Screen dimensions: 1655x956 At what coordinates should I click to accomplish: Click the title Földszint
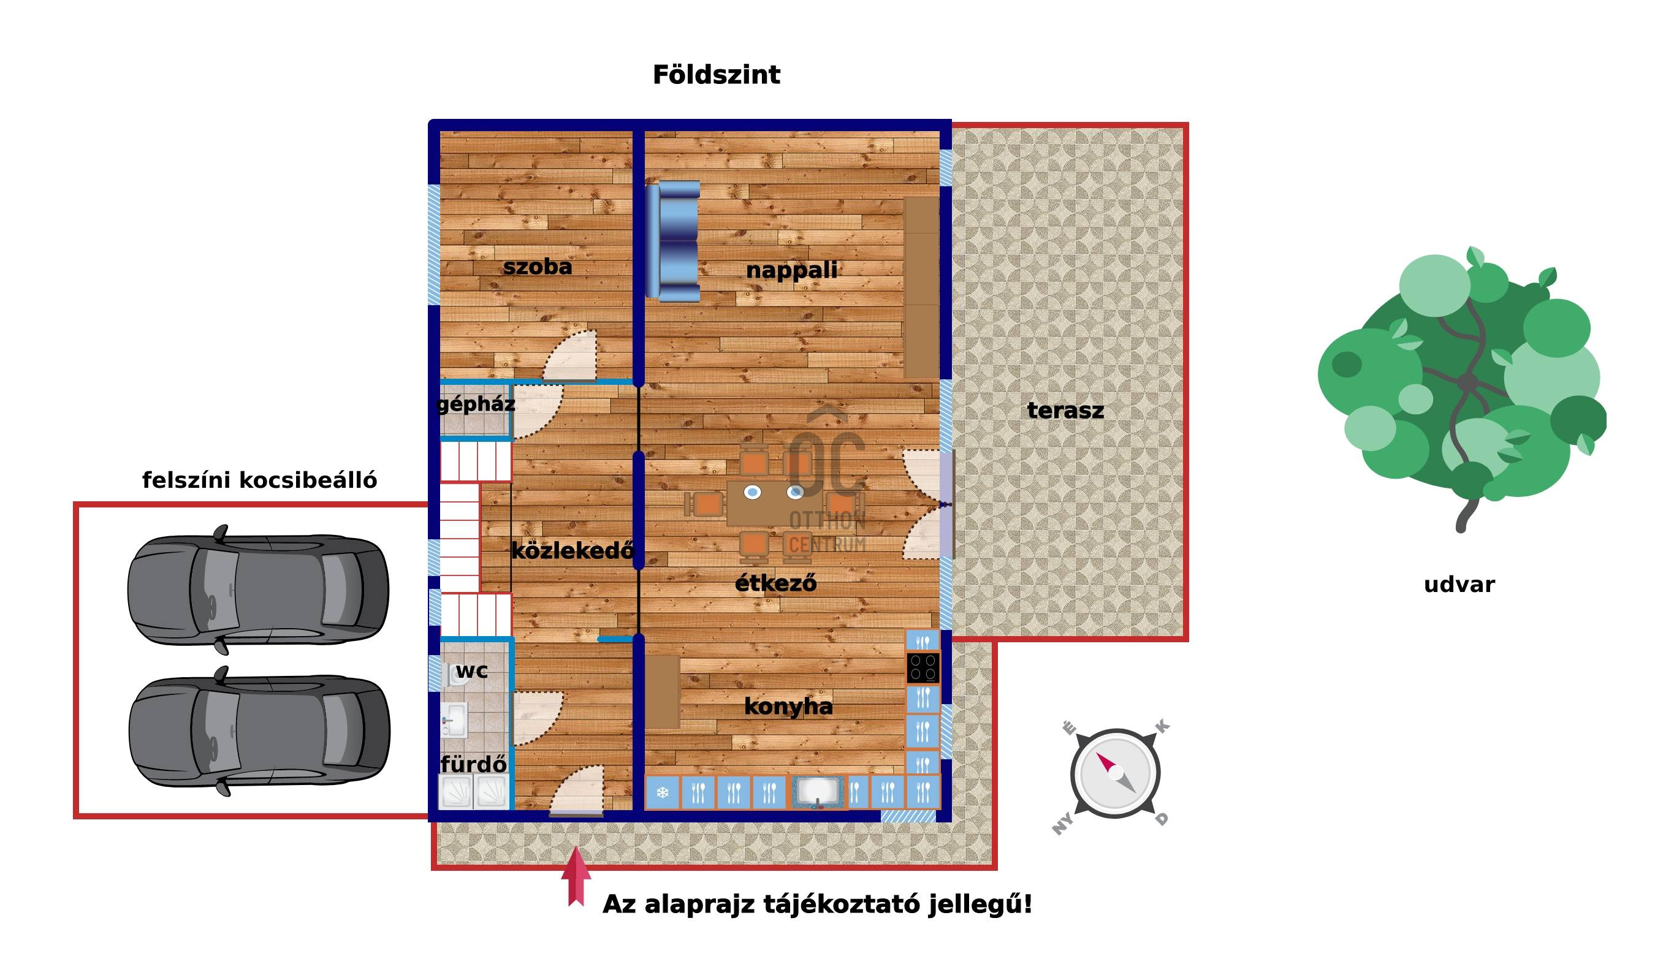[x=717, y=75]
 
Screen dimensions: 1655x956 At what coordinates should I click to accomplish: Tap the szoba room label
[x=537, y=267]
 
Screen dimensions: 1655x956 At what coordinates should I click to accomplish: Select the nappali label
[x=791, y=270]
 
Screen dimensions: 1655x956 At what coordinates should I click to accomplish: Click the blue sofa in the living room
[x=672, y=241]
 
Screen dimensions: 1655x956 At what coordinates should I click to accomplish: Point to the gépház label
[x=476, y=404]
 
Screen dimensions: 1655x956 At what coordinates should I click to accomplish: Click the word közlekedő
[x=572, y=550]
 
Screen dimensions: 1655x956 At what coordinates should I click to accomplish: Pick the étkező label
[x=775, y=582]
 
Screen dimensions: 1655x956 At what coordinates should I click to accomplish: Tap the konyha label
[x=788, y=707]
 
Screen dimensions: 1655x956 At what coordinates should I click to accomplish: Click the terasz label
[x=1065, y=411]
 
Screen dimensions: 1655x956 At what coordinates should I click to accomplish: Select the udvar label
[x=1459, y=585]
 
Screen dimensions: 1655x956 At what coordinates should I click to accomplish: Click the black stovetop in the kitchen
[x=923, y=669]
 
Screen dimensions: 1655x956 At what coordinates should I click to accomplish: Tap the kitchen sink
[x=818, y=792]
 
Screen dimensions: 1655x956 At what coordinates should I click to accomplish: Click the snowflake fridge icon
[x=663, y=792]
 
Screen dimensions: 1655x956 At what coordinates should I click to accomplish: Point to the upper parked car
[x=258, y=590]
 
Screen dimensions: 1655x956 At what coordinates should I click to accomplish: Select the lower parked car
[x=259, y=730]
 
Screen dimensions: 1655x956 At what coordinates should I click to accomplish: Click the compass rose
[x=1114, y=773]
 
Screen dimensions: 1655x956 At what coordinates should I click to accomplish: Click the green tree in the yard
[x=1462, y=387]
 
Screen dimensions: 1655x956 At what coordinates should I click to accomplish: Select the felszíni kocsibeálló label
[x=259, y=480]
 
